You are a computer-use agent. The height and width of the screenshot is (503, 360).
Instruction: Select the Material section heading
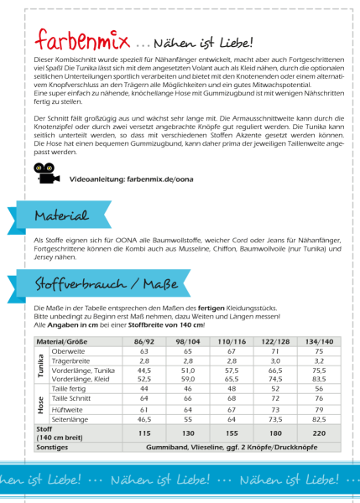[63, 215]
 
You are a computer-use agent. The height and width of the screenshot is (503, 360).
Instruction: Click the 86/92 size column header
[144, 343]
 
